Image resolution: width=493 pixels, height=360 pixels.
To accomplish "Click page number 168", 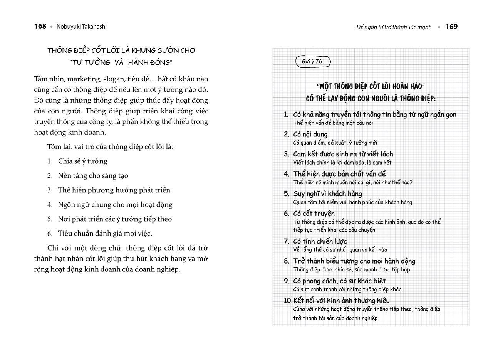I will pos(40,26).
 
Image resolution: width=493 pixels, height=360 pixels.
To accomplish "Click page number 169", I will pos(451,27).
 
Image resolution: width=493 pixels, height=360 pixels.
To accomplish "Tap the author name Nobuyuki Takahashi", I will pos(82,27).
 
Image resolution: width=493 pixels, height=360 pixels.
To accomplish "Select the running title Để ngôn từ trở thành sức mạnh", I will pos(394,27).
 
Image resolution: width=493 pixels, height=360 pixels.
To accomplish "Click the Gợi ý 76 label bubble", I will pos(313,62).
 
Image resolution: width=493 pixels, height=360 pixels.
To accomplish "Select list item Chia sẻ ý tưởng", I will pos(82,161).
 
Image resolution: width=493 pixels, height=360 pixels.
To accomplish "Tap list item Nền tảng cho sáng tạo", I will pos(93,175).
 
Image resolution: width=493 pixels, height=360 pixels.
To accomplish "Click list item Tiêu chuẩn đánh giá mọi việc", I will pos(105,233).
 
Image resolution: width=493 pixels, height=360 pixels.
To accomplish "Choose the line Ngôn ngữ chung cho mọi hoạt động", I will pos(115,204).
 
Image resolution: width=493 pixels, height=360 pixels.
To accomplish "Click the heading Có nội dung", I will pos(310,134).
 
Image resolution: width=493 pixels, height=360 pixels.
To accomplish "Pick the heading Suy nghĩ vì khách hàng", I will pos(327,193).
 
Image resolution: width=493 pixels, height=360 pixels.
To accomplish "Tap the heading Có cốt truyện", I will pos(314,213).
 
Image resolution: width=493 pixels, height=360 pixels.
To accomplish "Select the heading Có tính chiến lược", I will pos(320,241).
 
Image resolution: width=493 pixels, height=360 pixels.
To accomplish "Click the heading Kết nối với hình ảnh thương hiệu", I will pos(341,300).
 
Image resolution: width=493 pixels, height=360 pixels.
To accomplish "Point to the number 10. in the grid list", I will pos(288,300).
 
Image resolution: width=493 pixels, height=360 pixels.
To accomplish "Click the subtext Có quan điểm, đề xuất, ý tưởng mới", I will pos(335,143).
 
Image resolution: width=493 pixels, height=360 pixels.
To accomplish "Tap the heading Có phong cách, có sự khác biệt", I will pos(339,281).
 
